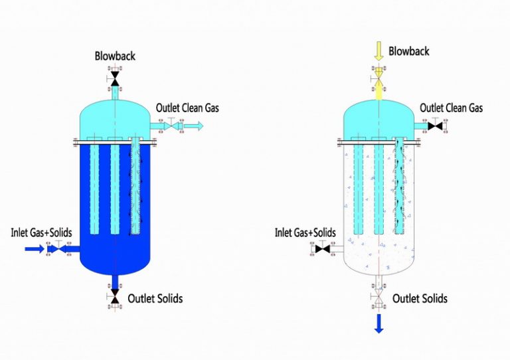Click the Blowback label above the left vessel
(x=116, y=56)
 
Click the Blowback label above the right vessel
(x=409, y=51)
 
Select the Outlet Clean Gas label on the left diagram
(x=187, y=108)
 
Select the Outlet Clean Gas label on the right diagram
(x=451, y=108)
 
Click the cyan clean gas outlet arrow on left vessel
(x=195, y=126)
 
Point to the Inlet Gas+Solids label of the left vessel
(x=41, y=232)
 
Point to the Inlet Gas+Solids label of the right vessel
(x=305, y=232)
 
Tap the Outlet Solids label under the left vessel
(x=155, y=298)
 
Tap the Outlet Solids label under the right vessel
(x=420, y=298)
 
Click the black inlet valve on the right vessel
(x=324, y=249)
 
